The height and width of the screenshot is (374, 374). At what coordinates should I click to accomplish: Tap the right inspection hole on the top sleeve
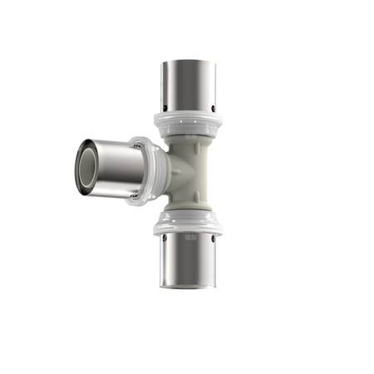213,107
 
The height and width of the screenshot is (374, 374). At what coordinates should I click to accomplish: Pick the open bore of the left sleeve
86,166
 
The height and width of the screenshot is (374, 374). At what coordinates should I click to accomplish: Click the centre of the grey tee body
190,170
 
